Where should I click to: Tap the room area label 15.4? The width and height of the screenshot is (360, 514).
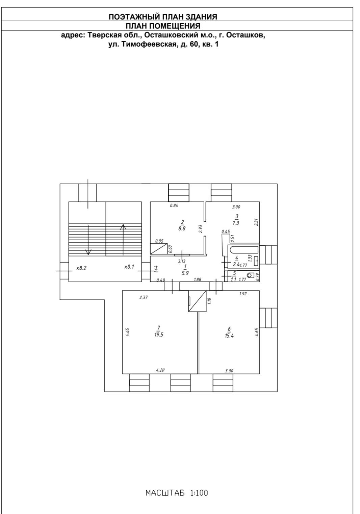229,336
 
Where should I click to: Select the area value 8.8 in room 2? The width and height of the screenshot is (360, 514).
182,228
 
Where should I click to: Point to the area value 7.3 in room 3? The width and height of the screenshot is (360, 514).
236,223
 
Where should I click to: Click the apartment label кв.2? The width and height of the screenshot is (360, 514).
81,268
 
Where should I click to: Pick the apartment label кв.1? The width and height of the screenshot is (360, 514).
129,267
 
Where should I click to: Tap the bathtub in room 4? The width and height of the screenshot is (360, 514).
243,250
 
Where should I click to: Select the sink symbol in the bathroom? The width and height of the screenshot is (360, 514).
256,261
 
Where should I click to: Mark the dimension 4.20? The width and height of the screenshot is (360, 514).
160,370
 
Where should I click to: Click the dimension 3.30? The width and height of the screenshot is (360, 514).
229,371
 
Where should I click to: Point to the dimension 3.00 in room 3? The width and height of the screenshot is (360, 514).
236,207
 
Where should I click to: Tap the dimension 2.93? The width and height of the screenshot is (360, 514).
200,229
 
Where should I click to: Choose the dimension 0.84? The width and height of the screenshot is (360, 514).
174,205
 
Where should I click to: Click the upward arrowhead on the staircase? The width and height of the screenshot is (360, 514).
123,227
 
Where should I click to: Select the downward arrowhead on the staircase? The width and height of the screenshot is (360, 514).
88,252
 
